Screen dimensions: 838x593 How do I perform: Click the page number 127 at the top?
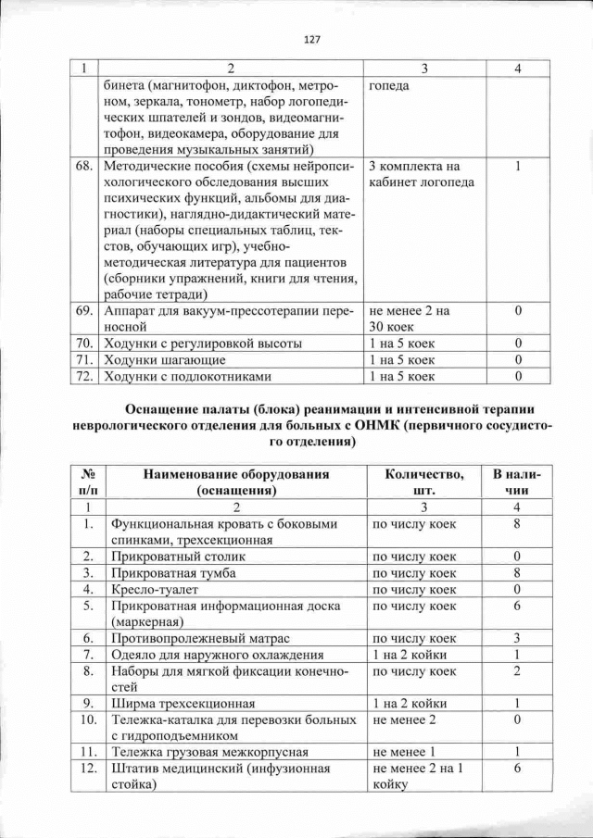311,39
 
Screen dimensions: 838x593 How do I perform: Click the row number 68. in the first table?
84,166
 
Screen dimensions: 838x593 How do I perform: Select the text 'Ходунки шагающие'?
166,359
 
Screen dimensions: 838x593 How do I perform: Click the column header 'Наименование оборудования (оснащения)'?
236,482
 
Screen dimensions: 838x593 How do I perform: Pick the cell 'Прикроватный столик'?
170,557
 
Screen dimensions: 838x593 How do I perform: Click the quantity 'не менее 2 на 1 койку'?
416,776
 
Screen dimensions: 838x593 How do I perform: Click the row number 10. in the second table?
88,719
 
